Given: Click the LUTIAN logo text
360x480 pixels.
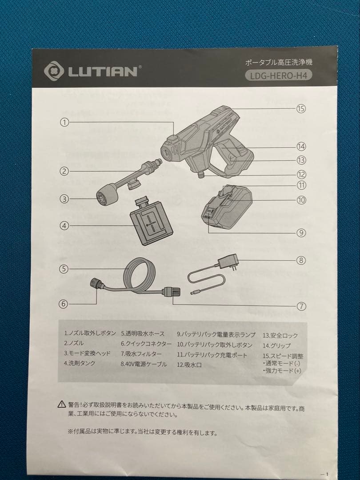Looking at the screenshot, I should [103, 71].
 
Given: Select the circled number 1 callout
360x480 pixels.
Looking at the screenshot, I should [64, 123].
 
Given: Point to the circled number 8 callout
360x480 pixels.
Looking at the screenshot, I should [301, 260].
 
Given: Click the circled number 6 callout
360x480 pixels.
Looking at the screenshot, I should [64, 304].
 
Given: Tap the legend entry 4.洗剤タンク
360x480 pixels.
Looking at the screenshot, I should [80, 363].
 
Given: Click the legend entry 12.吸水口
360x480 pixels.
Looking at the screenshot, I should [189, 365].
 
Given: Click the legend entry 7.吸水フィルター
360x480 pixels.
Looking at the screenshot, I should [141, 354].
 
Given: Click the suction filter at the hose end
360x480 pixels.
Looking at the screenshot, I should [172, 292].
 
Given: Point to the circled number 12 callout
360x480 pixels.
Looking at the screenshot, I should [301, 175].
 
